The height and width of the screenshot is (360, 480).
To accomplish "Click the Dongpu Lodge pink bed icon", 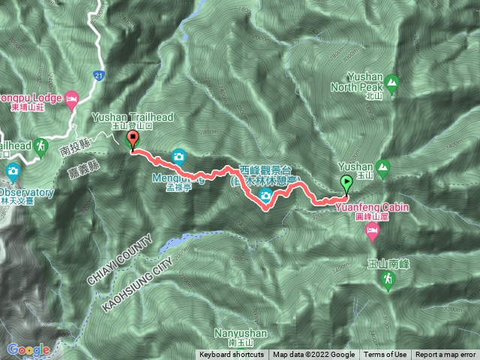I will (x=72, y=98).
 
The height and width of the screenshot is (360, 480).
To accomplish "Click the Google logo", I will (x=28, y=349).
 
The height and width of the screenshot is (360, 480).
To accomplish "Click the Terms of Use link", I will (x=385, y=355).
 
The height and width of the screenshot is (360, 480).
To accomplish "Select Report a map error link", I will (x=445, y=355).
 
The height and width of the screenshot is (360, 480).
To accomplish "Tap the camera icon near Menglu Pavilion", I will (x=178, y=156).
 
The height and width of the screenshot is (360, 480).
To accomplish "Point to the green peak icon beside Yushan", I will (x=384, y=166).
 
